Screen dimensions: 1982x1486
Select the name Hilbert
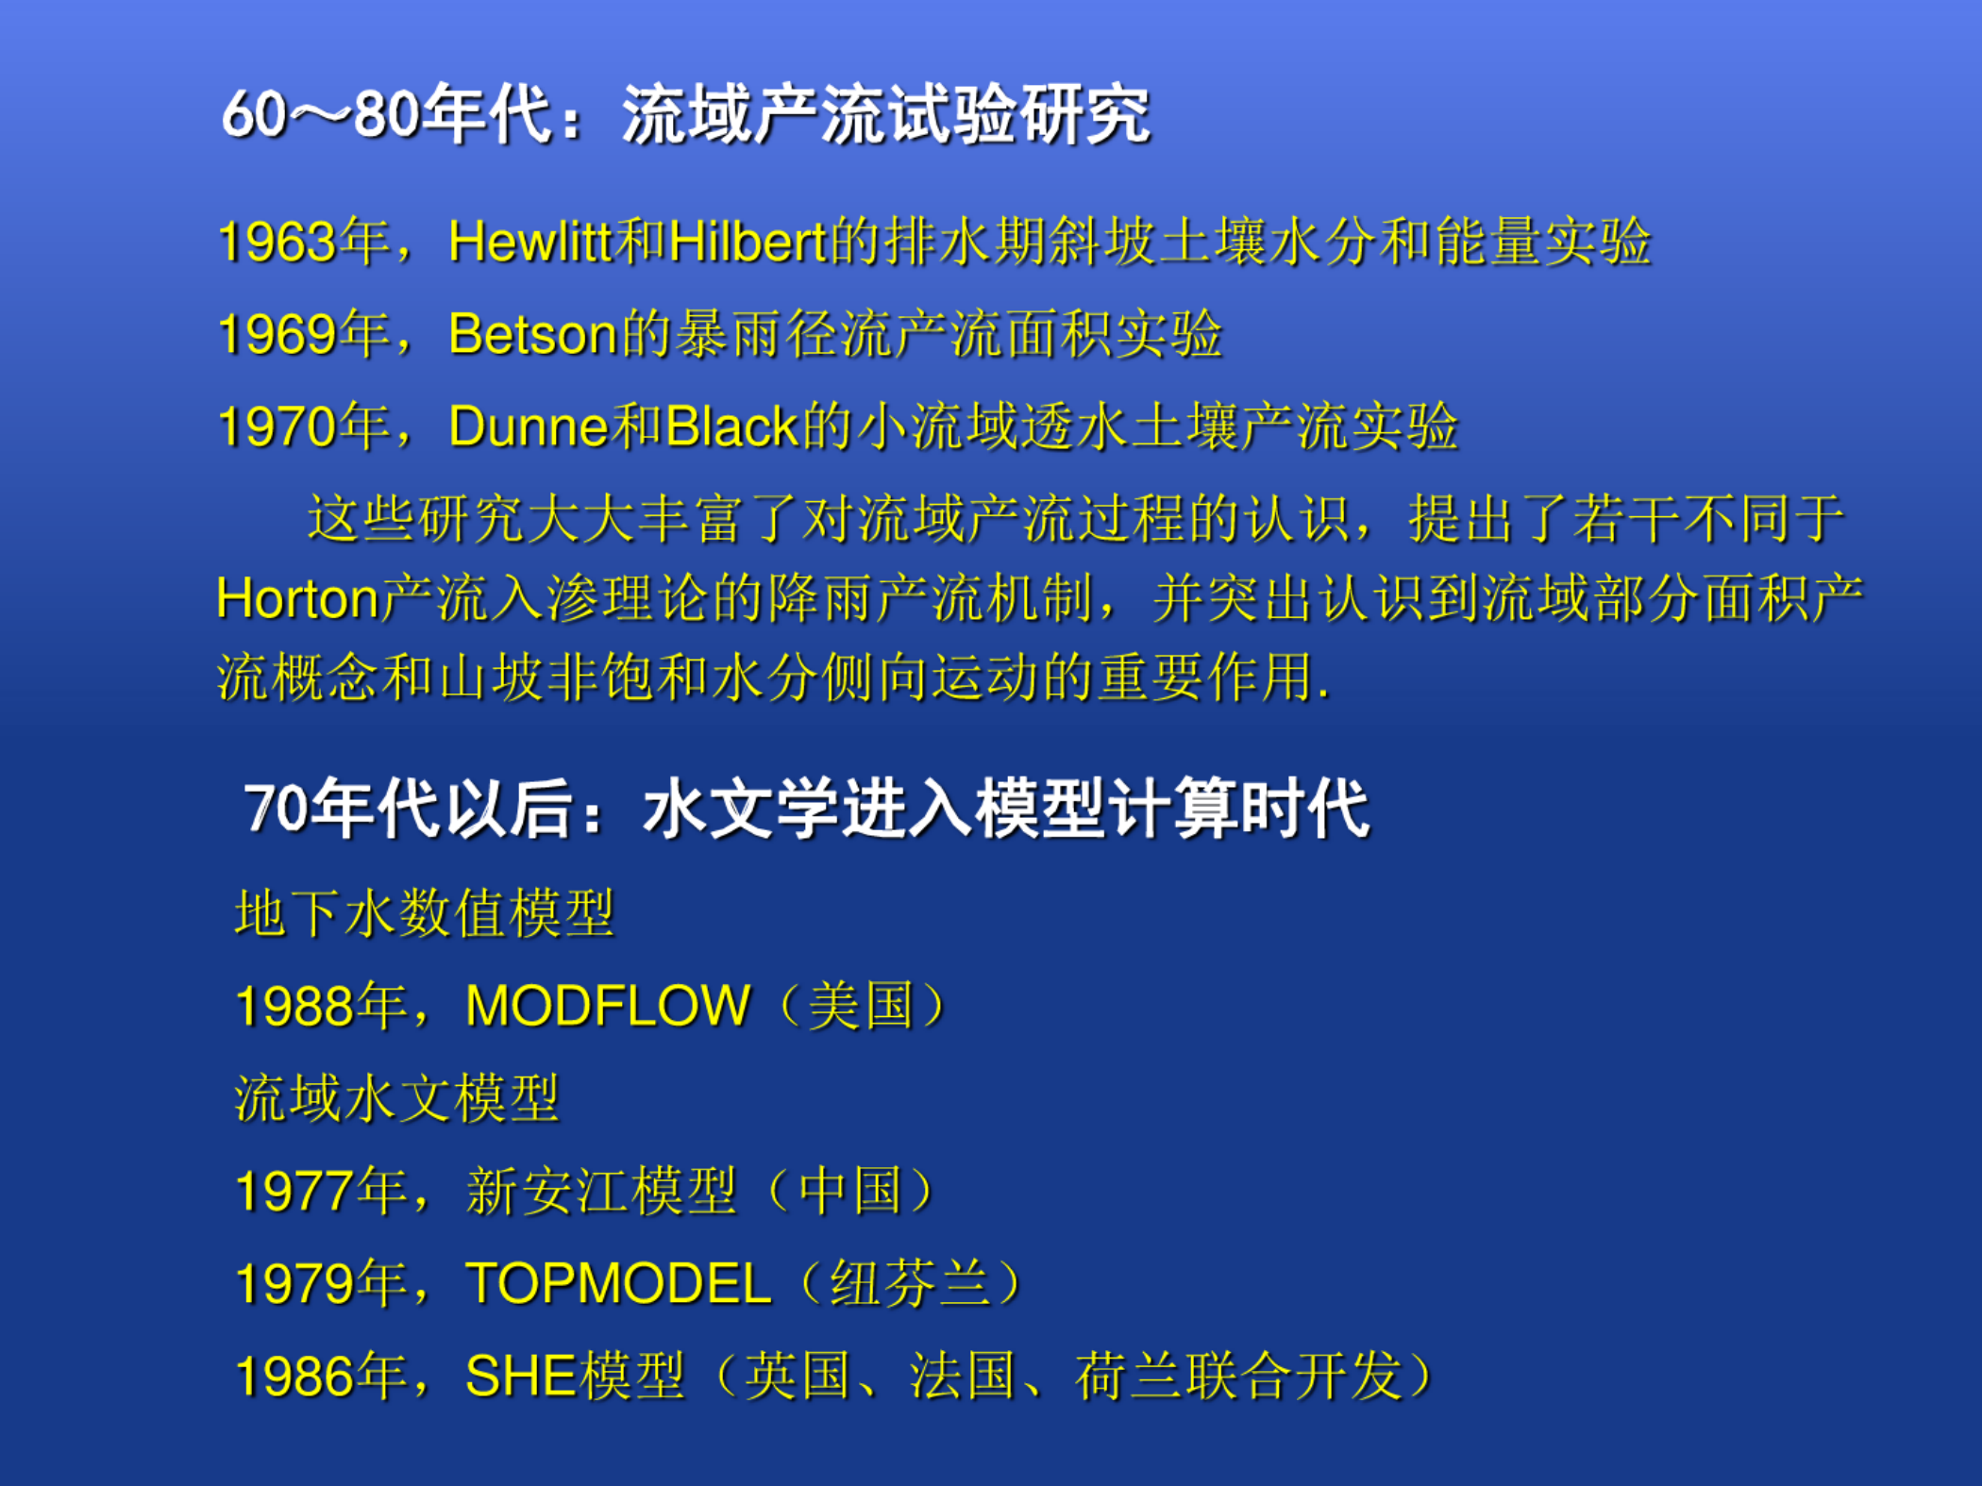747,242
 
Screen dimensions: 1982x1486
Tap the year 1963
277,242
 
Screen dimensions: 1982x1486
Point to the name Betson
533,334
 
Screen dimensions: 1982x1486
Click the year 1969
277,335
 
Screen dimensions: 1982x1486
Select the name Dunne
529,426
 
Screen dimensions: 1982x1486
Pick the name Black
732,426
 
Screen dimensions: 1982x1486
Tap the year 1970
277,427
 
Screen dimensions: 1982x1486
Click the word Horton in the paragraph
297,598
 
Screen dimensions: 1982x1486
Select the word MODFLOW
609,1005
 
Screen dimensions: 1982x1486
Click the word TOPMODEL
619,1283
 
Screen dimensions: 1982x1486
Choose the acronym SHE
521,1376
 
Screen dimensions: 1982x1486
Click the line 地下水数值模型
425,913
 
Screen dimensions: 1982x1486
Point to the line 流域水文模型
397,1099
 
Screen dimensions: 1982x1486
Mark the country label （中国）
850,1191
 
